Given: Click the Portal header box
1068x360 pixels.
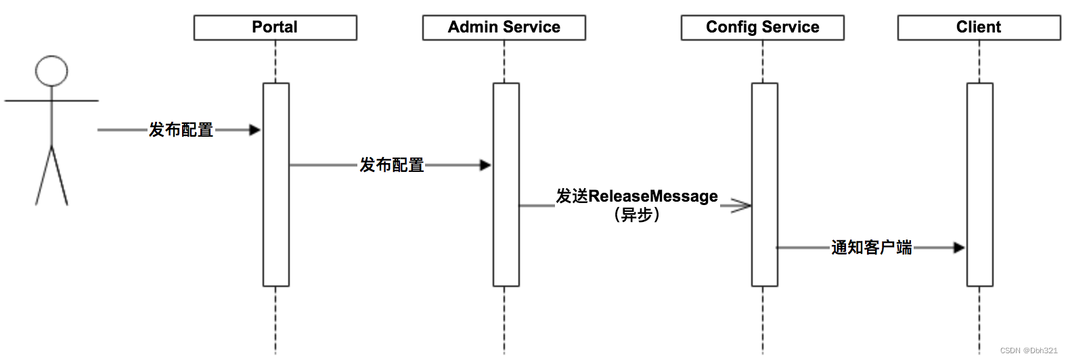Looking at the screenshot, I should click(x=275, y=28).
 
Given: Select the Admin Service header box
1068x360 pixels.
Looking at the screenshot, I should click(x=504, y=28).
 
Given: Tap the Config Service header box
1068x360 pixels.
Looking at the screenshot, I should click(x=762, y=28).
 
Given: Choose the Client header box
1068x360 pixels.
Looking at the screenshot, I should click(x=979, y=28).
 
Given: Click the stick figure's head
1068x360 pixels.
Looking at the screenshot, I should click(x=51, y=71).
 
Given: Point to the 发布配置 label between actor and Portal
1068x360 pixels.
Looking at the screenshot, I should click(x=181, y=130).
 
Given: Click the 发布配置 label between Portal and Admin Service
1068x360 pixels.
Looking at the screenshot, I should click(x=391, y=165).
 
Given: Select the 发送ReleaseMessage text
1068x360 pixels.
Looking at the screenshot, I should click(x=636, y=196).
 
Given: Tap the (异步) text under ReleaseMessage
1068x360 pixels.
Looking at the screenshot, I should click(x=636, y=215).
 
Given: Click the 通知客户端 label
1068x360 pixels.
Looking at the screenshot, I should click(x=871, y=248).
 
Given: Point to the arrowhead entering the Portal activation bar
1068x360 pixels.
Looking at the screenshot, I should click(x=255, y=130).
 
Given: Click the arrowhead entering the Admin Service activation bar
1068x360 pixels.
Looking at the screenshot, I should click(x=485, y=165).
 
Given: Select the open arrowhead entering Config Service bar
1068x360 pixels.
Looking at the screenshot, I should click(x=742, y=206).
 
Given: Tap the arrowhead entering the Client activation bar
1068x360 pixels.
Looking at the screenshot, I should click(x=959, y=248).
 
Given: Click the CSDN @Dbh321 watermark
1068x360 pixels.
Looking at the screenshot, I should click(x=1028, y=351).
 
